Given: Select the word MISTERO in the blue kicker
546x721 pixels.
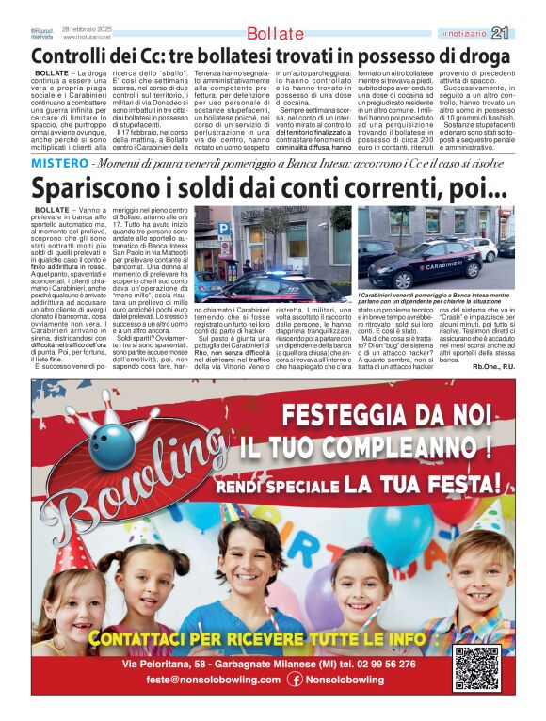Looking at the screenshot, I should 59,164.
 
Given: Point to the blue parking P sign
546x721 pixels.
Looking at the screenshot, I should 223,227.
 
